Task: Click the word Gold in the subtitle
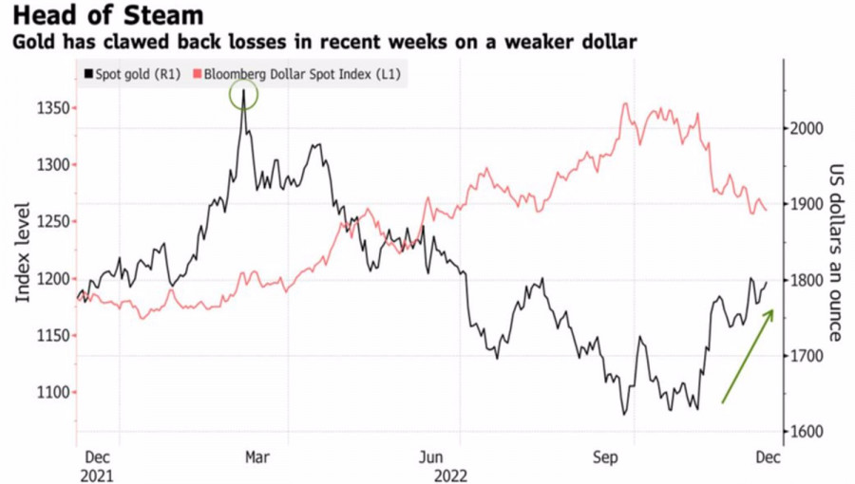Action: coord(30,43)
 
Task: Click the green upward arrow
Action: coord(748,354)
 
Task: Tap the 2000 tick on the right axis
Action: coord(807,128)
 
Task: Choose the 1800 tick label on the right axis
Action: coord(807,280)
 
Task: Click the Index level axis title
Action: coord(24,251)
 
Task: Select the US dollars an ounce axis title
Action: coord(835,251)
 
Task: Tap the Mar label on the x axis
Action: coord(257,456)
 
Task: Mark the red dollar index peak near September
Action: coord(626,103)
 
